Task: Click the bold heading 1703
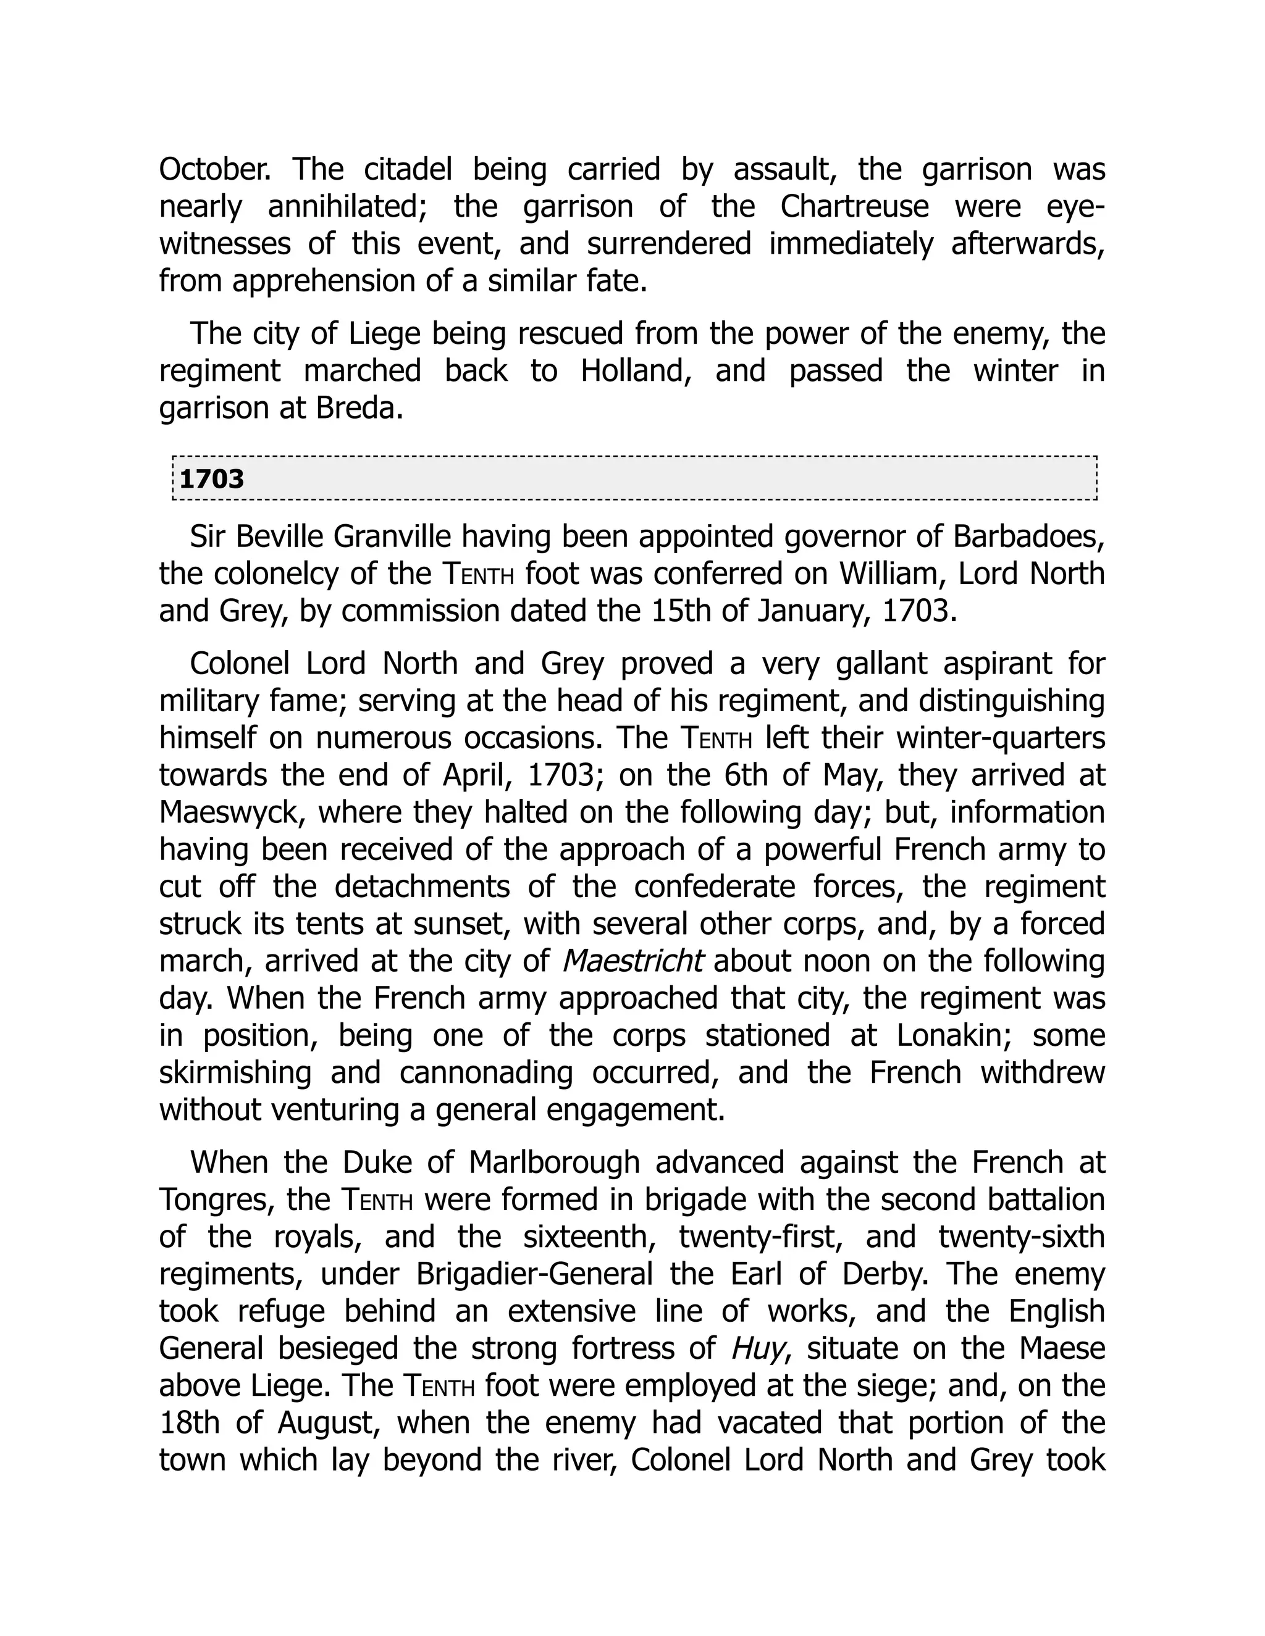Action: click(212, 478)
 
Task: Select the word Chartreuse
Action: click(854, 207)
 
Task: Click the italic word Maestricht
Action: click(632, 961)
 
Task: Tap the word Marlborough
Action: click(555, 1162)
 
